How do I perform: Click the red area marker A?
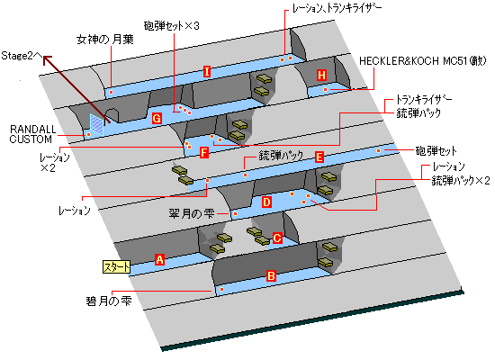pos(159,259)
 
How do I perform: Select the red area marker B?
pos(271,276)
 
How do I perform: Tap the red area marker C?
pos(277,238)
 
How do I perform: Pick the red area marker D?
pos(266,202)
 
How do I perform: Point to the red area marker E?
pos(319,157)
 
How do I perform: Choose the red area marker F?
pos(204,153)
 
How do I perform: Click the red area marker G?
pos(157,119)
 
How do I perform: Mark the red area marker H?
pos(321,76)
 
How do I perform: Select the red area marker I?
pos(207,72)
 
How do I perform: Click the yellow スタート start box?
pos(116,266)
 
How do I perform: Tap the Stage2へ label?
pos(22,56)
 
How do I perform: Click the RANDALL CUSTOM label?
pos(31,134)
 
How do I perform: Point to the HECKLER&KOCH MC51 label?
pos(423,60)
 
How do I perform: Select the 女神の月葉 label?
pos(105,40)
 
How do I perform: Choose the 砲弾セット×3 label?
pos(171,25)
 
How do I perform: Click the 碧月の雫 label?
pos(109,301)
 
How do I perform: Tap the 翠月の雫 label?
pos(192,214)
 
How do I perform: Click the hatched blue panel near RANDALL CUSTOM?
pos(96,125)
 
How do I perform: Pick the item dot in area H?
pos(325,90)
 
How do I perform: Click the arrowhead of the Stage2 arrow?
pos(47,59)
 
